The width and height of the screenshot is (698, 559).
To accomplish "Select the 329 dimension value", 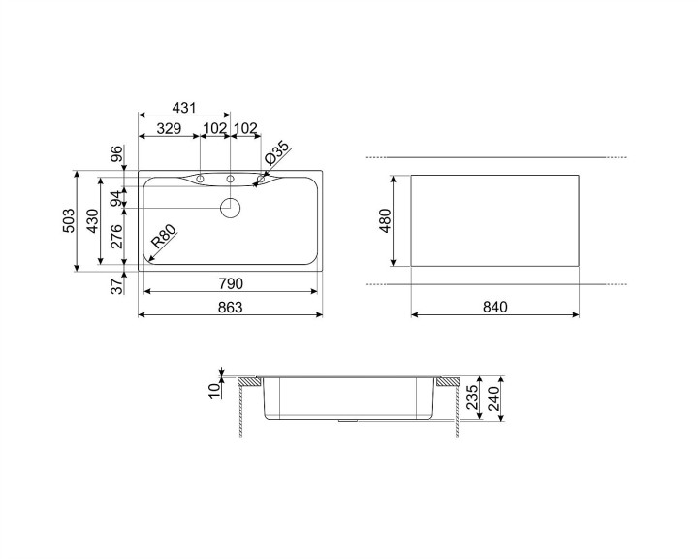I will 169,128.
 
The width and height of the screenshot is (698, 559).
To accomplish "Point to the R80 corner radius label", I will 162,240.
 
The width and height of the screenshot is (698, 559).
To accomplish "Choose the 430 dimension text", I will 91,221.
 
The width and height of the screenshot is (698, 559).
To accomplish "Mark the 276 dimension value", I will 115,238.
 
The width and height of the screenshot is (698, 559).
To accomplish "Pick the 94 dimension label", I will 115,198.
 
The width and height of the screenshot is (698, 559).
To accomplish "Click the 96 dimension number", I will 115,155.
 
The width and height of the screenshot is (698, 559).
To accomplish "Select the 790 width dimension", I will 230,283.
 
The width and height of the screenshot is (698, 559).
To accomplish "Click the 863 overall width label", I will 230,308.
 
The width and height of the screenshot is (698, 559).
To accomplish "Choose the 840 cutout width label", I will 494,308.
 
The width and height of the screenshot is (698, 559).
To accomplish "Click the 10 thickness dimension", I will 214,389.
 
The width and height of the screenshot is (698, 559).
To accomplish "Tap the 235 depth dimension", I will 473,398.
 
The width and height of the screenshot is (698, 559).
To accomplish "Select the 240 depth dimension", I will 496,398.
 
